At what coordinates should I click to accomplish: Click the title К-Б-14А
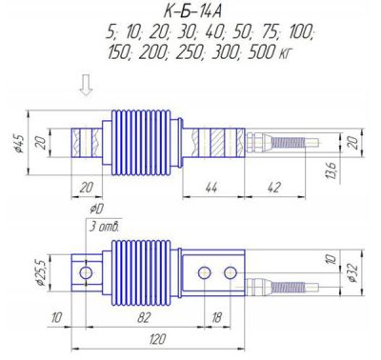[192, 12]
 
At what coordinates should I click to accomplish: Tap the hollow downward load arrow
[86, 85]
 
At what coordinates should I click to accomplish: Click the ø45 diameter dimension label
[19, 143]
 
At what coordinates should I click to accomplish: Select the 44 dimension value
[211, 188]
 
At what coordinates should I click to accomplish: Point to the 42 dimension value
[274, 188]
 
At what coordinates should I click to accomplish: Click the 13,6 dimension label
[332, 170]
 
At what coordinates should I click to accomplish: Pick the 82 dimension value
[144, 317]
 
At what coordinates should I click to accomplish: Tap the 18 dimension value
[217, 317]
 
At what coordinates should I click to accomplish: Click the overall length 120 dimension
[157, 339]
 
